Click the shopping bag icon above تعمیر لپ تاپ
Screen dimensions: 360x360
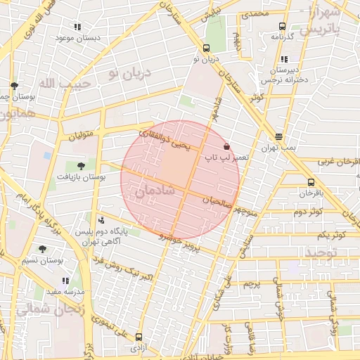[226, 146]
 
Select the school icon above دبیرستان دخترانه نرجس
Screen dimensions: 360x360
[284, 60]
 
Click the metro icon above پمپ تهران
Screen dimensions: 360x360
[279, 136]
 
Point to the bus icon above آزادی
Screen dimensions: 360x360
[139, 337]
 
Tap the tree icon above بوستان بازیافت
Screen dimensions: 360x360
[81, 167]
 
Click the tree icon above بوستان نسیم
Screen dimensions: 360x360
[42, 249]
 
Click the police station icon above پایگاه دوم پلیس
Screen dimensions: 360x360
[101, 220]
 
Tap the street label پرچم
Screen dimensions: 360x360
[252, 284]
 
